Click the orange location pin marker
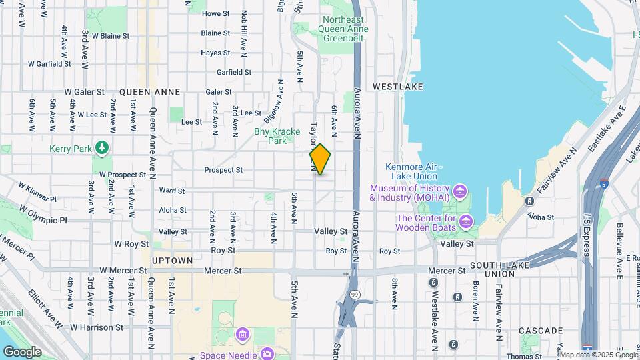point(320,159)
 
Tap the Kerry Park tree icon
point(102,147)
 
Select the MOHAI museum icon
point(459,193)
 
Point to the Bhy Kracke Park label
point(270,136)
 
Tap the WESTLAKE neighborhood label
point(398,87)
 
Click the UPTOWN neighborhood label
point(172,260)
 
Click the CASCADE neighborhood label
point(541,331)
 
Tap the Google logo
point(22,351)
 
